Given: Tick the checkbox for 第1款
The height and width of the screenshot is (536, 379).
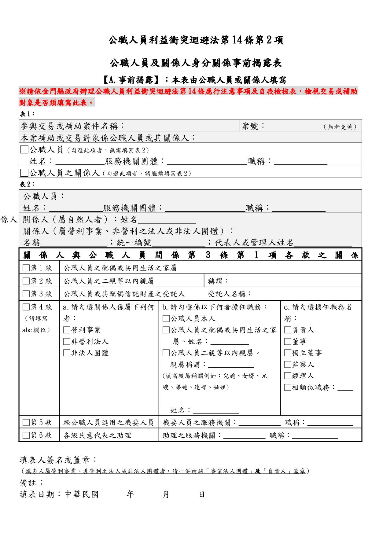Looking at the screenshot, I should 26,268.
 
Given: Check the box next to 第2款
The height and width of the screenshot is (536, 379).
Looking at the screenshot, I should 26,281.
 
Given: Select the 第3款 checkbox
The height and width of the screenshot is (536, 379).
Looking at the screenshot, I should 26,294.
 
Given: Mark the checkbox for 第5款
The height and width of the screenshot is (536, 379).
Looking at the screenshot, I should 26,423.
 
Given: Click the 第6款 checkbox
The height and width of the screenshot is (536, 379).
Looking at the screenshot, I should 26,435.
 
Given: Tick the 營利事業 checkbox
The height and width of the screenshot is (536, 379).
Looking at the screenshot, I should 66,330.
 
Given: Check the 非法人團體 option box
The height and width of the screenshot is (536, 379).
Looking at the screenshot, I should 66,353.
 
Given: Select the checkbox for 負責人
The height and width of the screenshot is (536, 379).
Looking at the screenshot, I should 287,330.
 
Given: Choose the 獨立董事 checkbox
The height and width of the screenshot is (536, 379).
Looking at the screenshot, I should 287,353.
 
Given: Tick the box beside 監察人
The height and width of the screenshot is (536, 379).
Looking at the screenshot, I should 287,364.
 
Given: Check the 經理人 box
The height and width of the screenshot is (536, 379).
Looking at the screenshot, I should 287,376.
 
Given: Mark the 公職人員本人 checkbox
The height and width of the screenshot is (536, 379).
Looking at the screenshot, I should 166,319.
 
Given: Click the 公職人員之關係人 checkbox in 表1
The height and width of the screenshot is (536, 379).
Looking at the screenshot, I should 24,173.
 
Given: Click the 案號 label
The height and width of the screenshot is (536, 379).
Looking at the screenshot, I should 253,126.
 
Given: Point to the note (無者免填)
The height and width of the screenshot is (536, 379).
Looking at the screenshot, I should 340,127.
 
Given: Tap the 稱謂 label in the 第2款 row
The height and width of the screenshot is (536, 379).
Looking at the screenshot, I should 218,281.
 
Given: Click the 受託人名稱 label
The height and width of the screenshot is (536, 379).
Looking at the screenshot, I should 229,294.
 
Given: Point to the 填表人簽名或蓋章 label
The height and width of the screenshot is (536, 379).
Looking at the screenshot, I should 58,460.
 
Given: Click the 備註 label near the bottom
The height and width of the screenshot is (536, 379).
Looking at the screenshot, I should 32,483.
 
